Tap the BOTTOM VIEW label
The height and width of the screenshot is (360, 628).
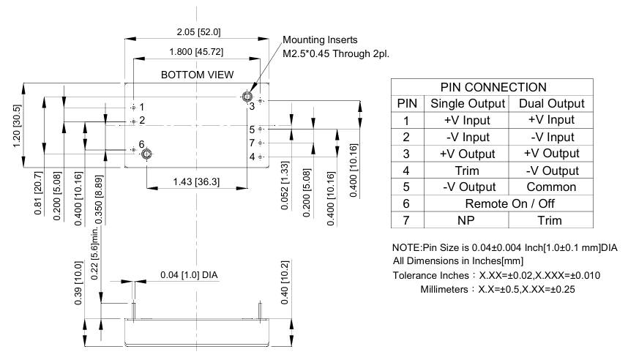pyautogui.click(x=198, y=75)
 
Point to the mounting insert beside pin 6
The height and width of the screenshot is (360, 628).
pyautogui.click(x=146, y=153)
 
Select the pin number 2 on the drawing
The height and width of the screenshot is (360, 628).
pyautogui.click(x=142, y=120)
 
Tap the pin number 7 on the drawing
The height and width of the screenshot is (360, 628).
pyautogui.click(x=251, y=143)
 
